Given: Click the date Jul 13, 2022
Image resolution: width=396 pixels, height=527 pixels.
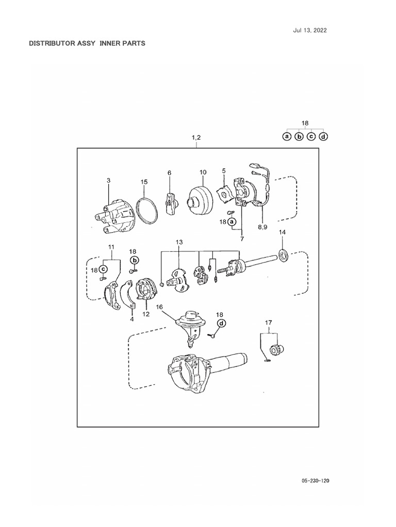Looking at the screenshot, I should point(310,30).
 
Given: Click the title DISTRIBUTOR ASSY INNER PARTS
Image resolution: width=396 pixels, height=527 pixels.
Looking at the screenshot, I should point(87,43).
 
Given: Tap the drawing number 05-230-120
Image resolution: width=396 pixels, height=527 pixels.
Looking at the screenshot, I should point(315,481).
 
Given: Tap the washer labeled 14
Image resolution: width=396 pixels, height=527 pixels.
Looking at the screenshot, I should point(283,253).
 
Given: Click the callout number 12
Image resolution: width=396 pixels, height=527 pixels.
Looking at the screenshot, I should point(146,314).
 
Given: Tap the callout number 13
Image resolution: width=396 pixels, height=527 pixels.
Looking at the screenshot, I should point(179,242).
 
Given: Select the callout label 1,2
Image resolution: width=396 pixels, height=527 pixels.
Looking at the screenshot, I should point(196,137).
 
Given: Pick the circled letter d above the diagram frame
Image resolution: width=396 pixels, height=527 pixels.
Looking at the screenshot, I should point(323,137).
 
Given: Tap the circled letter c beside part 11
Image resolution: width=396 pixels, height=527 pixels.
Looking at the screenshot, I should point(103,269).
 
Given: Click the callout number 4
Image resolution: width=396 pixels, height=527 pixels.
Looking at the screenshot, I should point(131,319).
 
